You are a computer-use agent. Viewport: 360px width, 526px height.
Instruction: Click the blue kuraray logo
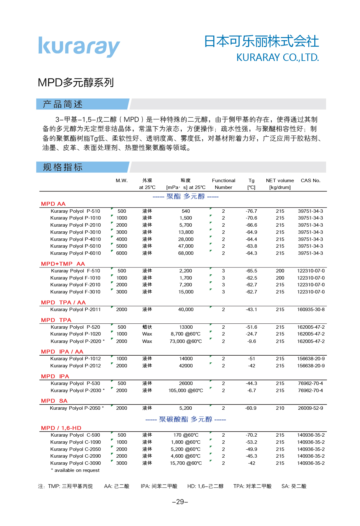click(79, 47)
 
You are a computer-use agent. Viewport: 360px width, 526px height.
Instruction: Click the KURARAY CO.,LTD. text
click(277, 58)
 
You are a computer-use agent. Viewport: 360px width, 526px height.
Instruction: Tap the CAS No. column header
click(310, 181)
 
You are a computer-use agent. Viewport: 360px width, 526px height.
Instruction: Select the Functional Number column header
click(223, 184)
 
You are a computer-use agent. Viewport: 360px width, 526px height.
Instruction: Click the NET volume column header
click(280, 184)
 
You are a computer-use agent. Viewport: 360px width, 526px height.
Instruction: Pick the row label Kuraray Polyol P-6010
click(75, 253)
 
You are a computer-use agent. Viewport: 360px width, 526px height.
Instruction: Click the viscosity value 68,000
click(186, 253)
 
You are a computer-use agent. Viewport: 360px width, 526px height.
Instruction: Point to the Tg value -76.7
click(251, 211)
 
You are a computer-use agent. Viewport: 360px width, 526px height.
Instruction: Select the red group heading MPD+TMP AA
click(63, 264)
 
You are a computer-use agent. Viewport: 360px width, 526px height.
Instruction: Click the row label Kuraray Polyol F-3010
click(75, 292)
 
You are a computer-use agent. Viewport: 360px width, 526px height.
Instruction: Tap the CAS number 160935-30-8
click(311, 310)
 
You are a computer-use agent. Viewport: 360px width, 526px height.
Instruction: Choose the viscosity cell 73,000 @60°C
click(186, 341)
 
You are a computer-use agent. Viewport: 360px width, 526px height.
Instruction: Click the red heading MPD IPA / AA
click(62, 352)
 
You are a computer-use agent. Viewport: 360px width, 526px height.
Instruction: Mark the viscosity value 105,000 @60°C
click(186, 391)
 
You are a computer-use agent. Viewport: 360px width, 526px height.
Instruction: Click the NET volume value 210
click(280, 408)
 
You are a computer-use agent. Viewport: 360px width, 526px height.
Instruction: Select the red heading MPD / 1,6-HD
click(61, 428)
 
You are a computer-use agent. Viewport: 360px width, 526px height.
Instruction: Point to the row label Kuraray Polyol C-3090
click(75, 463)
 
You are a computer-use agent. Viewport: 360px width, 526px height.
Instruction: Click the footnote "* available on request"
click(75, 470)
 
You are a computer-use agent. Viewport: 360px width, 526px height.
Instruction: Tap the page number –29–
click(180, 502)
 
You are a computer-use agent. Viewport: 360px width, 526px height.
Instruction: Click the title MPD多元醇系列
click(76, 83)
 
